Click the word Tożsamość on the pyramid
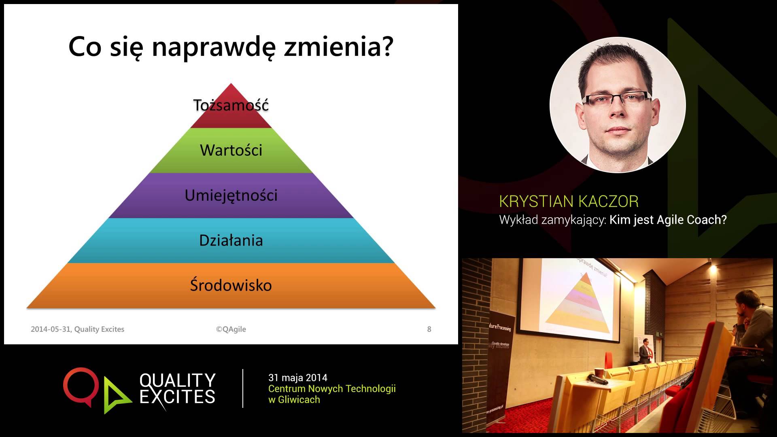(231, 105)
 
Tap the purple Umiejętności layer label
(231, 195)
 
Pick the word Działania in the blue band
(231, 241)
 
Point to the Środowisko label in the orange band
(231, 286)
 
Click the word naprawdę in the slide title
(214, 47)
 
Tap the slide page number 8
(429, 329)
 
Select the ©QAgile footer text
(231, 329)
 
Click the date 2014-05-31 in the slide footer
(51, 329)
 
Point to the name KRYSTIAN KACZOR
(569, 202)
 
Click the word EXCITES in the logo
(177, 397)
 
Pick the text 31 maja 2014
(298, 378)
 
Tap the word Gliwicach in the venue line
(299, 400)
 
